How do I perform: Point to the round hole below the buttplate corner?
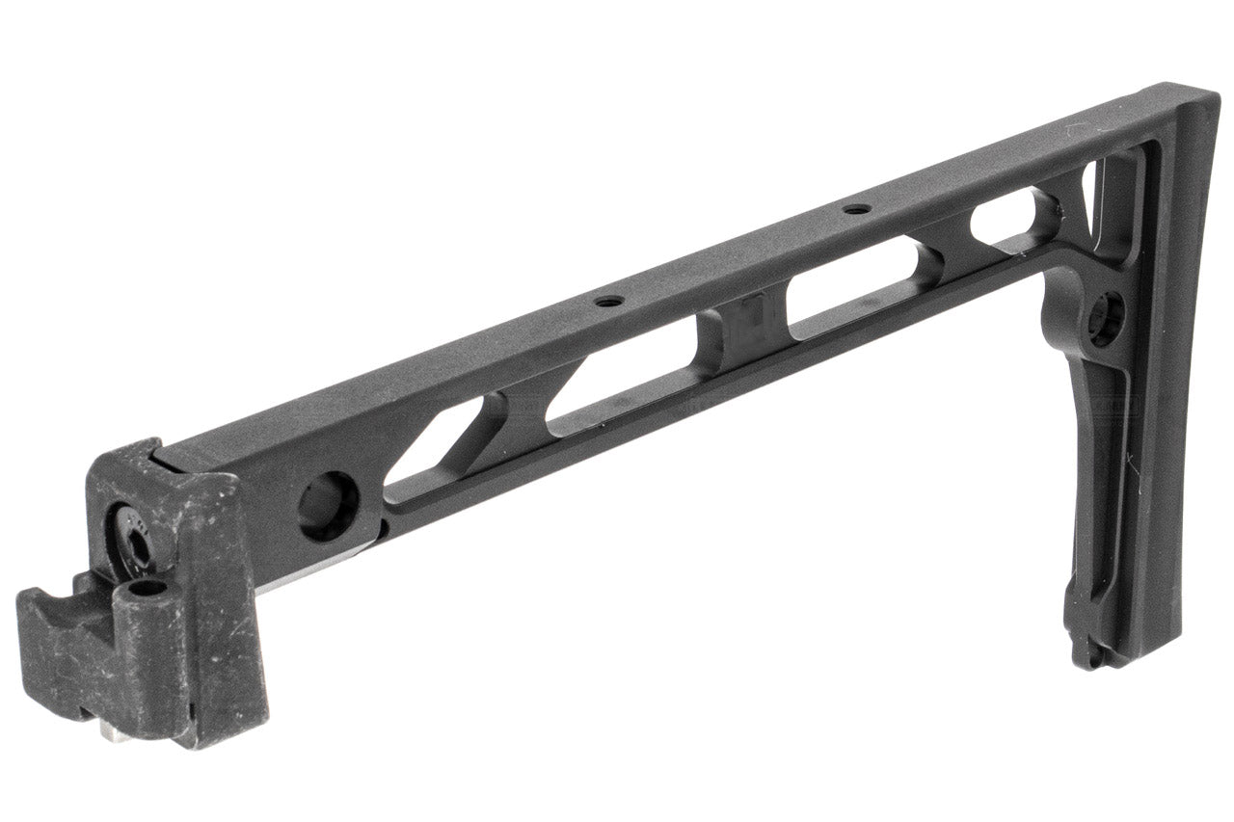tap(1106, 319)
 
